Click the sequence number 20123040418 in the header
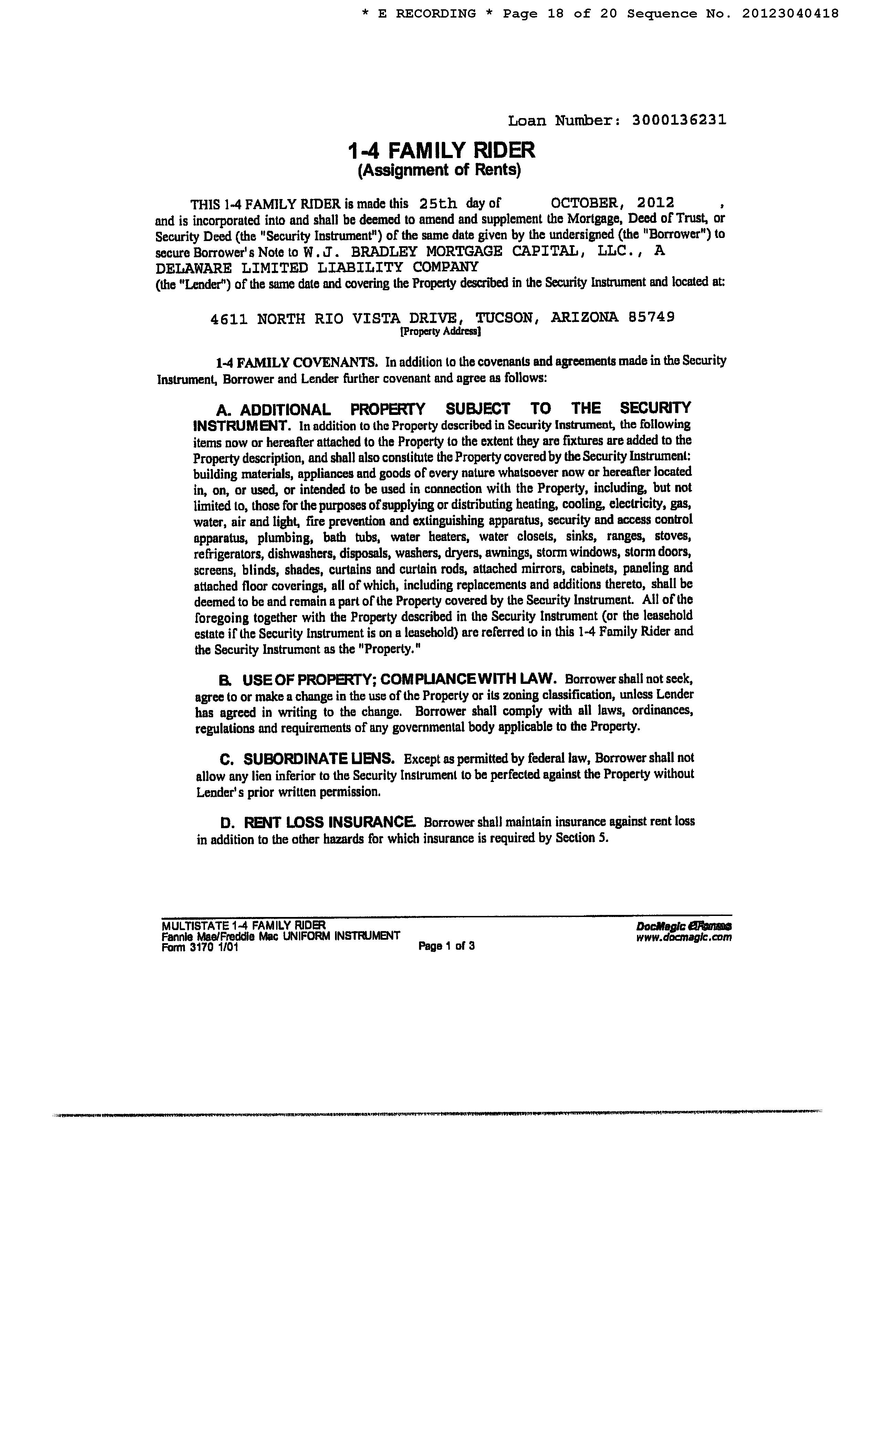790,13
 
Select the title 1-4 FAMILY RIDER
441,150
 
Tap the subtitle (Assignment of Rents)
440,170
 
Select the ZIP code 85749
651,317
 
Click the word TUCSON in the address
505,318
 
